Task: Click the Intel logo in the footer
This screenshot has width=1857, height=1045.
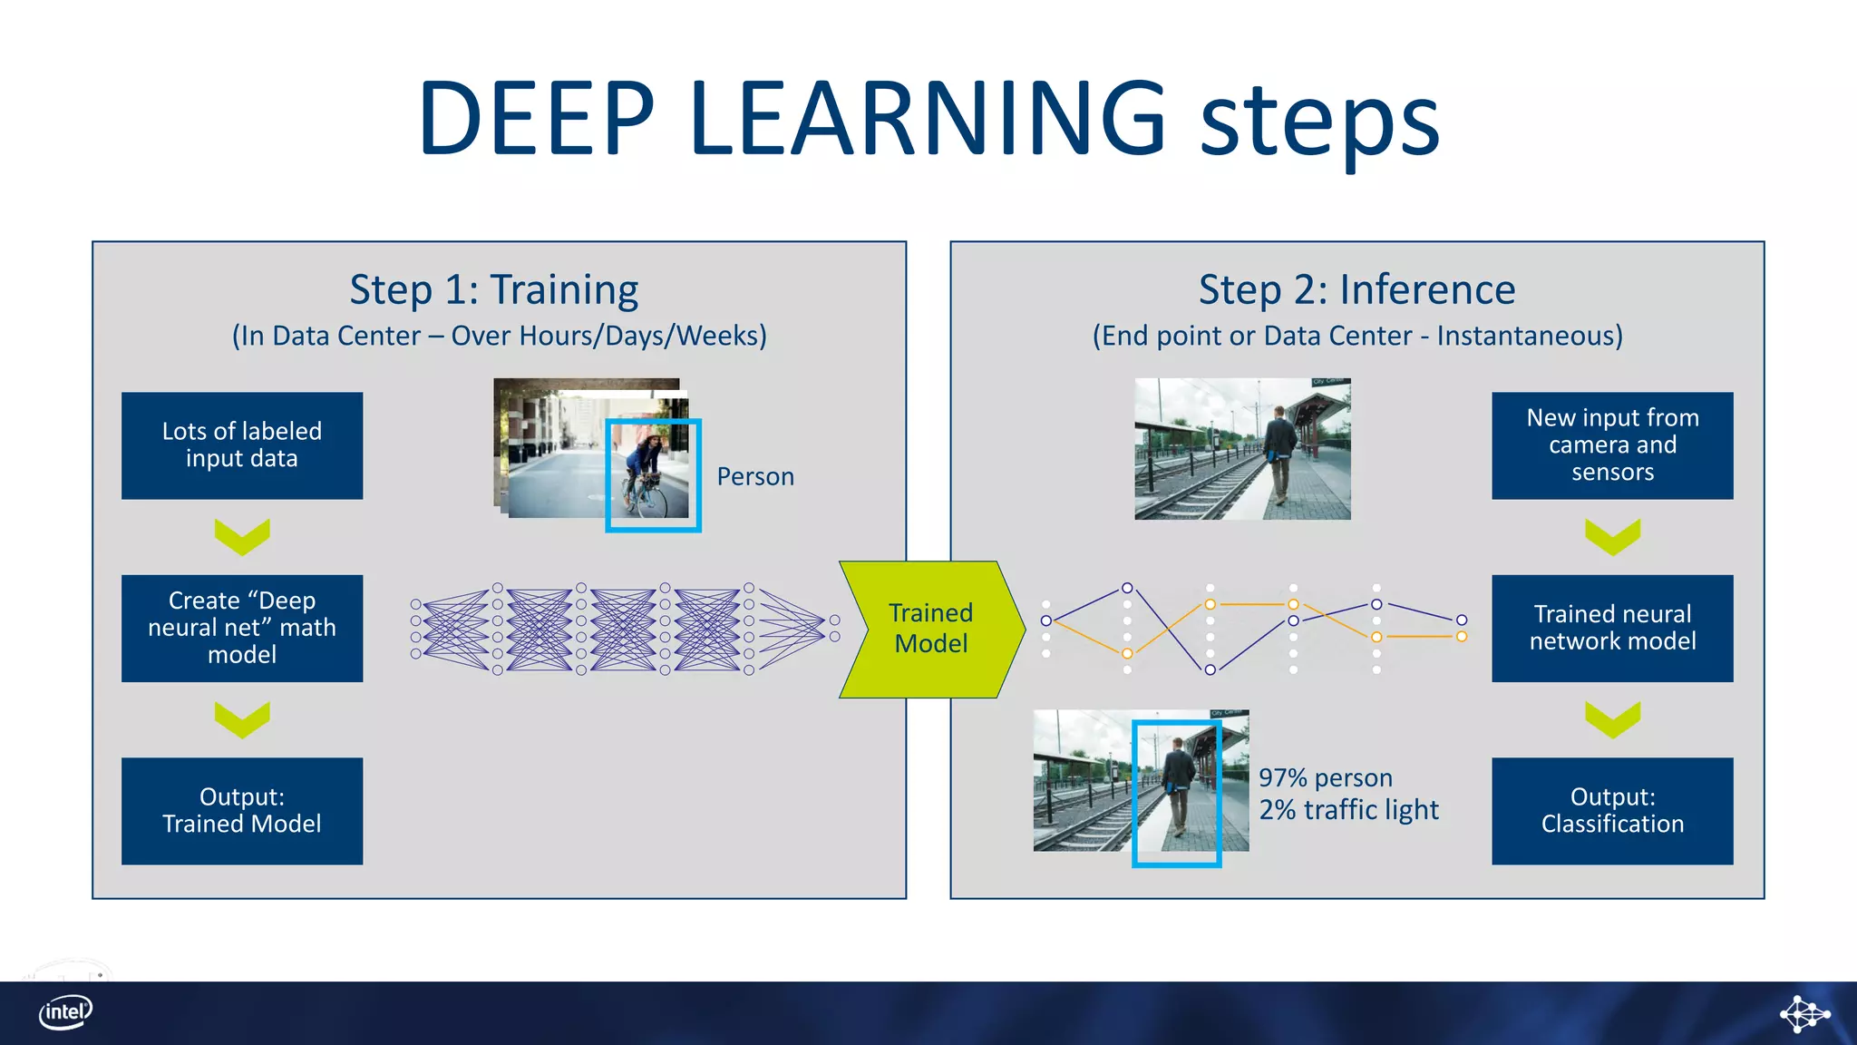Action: tap(65, 1012)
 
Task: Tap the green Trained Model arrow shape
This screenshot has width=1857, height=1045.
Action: tap(931, 629)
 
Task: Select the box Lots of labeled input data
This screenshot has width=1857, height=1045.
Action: tap(242, 445)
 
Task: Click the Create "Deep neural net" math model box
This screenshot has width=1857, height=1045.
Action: tap(242, 628)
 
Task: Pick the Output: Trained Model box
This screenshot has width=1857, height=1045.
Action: tap(242, 810)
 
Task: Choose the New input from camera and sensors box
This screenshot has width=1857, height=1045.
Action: tap(1612, 445)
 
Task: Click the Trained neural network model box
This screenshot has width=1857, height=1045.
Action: tap(1612, 628)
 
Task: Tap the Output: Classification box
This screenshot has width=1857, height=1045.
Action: tap(1612, 810)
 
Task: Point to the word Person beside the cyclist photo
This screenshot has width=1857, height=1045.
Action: tap(754, 476)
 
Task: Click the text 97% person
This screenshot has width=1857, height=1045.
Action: tap(1325, 777)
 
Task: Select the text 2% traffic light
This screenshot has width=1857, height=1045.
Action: tap(1348, 809)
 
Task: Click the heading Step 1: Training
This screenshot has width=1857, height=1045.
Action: tap(494, 290)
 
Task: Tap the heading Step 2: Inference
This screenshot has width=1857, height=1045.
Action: tap(1356, 290)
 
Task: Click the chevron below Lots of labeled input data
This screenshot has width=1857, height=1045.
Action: tap(242, 536)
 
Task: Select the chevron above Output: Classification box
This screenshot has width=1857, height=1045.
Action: tap(1612, 718)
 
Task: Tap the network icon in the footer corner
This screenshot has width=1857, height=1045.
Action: tap(1804, 1013)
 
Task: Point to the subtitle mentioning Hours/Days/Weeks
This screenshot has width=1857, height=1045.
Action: tap(500, 336)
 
